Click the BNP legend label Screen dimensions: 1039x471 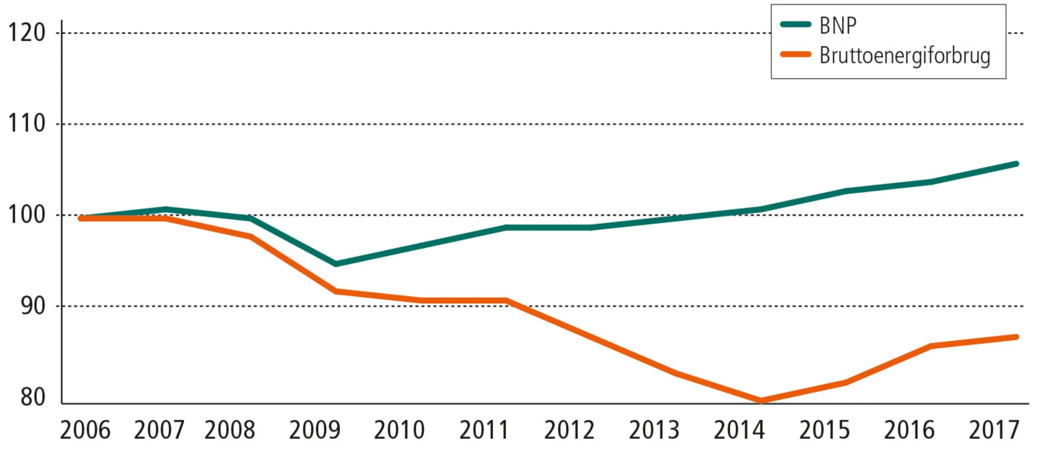pyautogui.click(x=837, y=25)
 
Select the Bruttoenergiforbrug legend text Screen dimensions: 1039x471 pyautogui.click(x=904, y=56)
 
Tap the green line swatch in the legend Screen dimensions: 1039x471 pyautogui.click(x=795, y=24)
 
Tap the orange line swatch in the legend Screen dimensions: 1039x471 pyautogui.click(x=795, y=54)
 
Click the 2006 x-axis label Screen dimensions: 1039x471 pyautogui.click(x=85, y=430)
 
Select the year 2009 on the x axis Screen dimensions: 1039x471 pyautogui.click(x=314, y=430)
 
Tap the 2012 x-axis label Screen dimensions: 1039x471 pyautogui.click(x=569, y=430)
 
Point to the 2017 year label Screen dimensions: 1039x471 pyautogui.click(x=994, y=430)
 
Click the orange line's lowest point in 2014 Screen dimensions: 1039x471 pyautogui.click(x=761, y=401)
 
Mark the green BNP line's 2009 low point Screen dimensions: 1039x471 pyautogui.click(x=336, y=264)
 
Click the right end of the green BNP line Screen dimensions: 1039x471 pyautogui.click(x=1016, y=164)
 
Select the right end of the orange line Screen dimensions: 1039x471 pyautogui.click(x=1016, y=337)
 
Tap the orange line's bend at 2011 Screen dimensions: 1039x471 pyautogui.click(x=506, y=300)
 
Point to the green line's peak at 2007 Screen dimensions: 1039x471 pyautogui.click(x=166, y=210)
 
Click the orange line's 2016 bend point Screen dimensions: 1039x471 pyautogui.click(x=931, y=346)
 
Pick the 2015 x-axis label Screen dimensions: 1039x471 pyautogui.click(x=824, y=430)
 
